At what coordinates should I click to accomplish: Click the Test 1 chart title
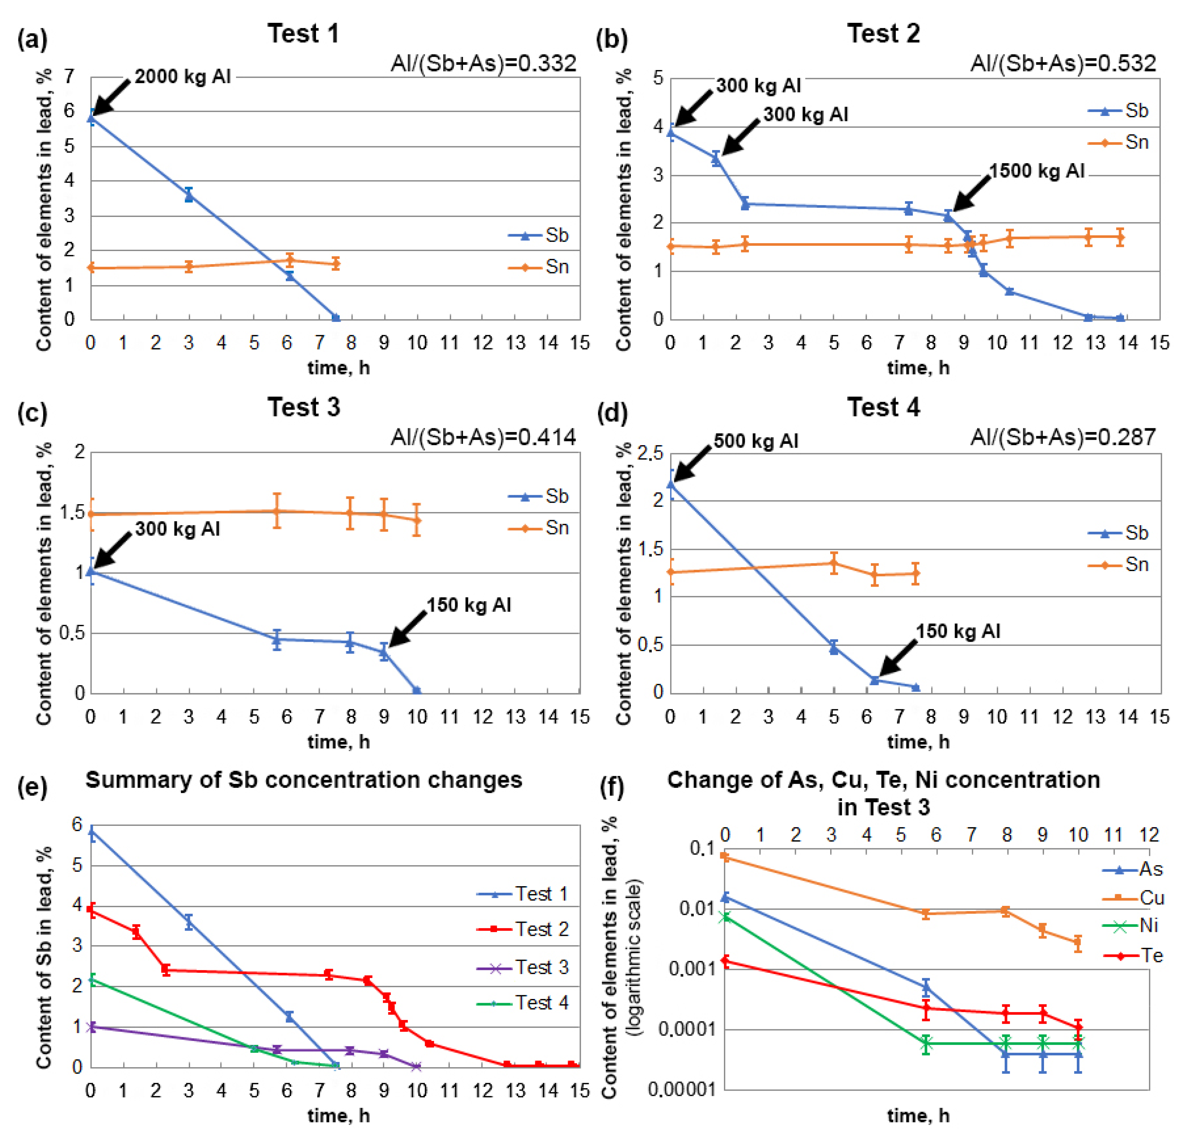304,34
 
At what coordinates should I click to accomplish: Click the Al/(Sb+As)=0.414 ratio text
483,437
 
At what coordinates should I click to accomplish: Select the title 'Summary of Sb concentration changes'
304,780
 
